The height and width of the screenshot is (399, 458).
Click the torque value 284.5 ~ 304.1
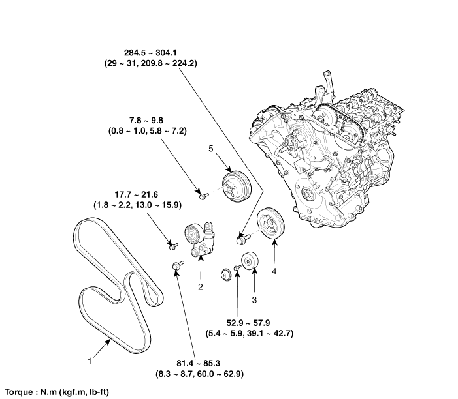click(150, 53)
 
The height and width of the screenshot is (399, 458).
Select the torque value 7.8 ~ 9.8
click(146, 121)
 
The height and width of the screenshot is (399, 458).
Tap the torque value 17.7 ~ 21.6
click(137, 194)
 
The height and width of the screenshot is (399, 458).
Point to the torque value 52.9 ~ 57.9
click(248, 323)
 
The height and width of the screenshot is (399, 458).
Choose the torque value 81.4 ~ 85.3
click(198, 363)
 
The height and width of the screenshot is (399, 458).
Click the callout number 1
click(90, 361)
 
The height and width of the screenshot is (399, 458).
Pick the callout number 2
click(201, 287)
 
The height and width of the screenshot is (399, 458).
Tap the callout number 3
click(254, 300)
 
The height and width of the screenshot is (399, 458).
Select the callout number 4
click(274, 271)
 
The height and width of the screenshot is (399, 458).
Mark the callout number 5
click(211, 149)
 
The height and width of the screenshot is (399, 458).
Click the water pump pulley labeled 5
click(237, 188)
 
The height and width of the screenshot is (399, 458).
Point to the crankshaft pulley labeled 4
click(270, 223)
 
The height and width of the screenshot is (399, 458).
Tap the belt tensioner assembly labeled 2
click(199, 239)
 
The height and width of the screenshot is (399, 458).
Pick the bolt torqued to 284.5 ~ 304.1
click(242, 239)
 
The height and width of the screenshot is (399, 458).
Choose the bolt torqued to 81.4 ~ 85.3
click(177, 265)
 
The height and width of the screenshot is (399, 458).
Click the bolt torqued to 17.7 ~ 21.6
click(173, 246)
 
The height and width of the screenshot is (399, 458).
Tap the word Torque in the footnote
click(20, 392)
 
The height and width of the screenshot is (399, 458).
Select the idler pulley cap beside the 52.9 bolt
click(225, 275)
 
